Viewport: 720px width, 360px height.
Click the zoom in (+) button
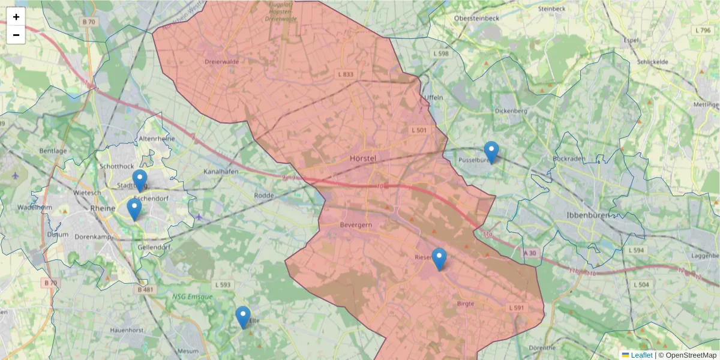pos(16,17)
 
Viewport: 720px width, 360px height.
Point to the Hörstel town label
pos(362,159)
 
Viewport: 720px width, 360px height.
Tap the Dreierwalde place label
pos(222,61)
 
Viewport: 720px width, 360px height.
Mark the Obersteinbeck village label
pos(476,18)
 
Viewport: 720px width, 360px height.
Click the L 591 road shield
pos(517,308)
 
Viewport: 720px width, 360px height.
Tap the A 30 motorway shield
pos(529,254)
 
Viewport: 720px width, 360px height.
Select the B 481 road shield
pos(146,290)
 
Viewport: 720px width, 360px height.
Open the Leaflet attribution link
pos(641,355)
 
